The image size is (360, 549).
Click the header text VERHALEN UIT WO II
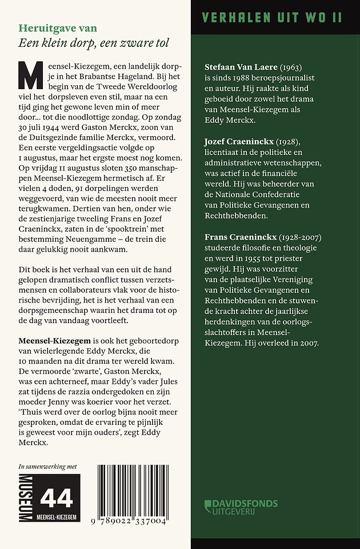point(272,17)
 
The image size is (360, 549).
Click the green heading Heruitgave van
point(58,28)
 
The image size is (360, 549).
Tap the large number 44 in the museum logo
point(57,499)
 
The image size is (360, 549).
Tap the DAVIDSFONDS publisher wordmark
point(246,504)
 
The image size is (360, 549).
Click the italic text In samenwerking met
point(47,467)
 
